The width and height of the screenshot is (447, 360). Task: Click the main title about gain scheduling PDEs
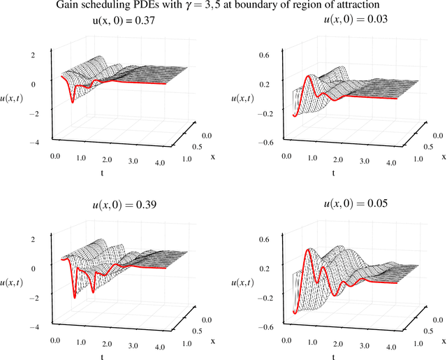223,6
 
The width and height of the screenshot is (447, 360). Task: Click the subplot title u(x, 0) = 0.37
109,22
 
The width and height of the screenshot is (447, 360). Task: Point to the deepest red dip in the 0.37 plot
72,103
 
